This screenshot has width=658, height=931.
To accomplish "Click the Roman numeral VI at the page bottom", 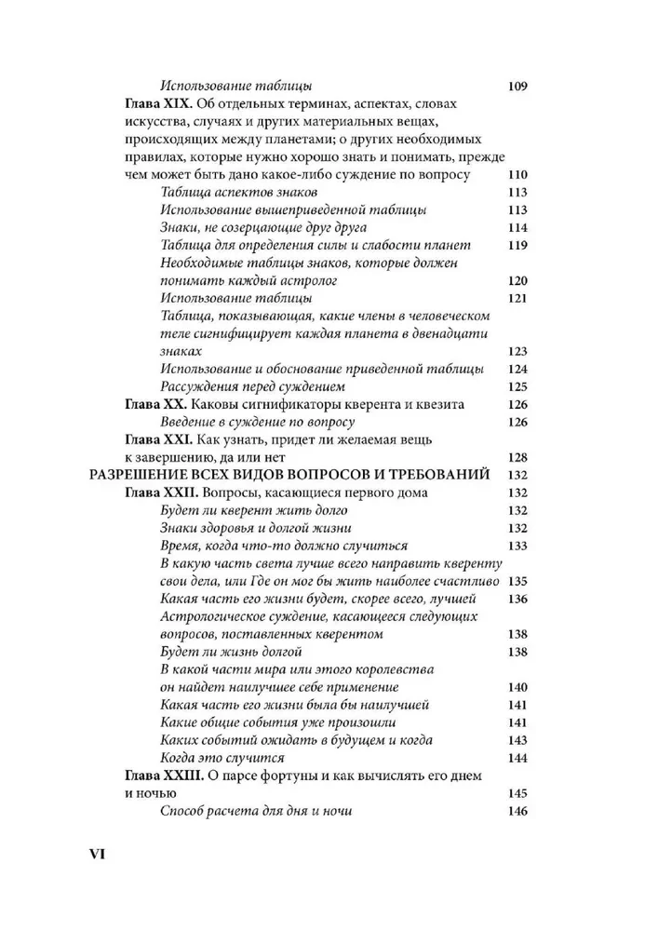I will click(100, 854).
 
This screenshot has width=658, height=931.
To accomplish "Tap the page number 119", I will click(518, 245).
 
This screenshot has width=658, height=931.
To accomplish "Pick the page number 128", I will click(518, 457).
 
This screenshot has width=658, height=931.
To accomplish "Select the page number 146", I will click(518, 811).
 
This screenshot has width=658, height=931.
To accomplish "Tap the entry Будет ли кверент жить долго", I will click(253, 510).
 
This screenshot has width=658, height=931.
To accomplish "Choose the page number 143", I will click(518, 740).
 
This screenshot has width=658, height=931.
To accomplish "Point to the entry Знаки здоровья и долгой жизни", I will click(260, 528).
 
